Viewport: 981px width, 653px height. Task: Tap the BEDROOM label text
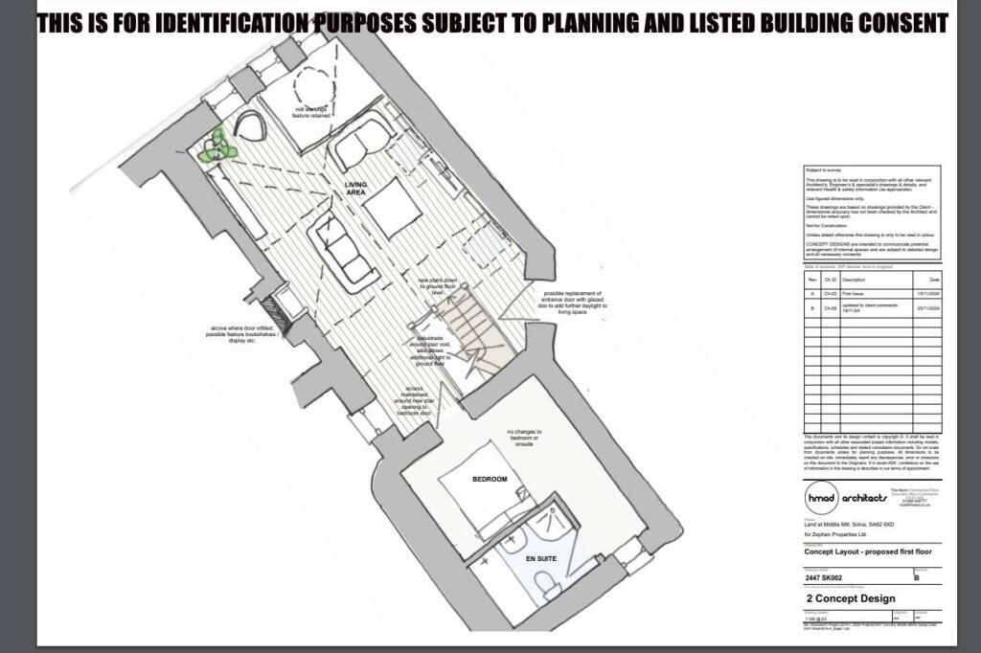pyautogui.click(x=489, y=478)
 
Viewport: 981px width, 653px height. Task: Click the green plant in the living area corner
pyautogui.click(x=218, y=146)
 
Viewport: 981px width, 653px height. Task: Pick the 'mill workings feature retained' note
pyautogui.click(x=309, y=112)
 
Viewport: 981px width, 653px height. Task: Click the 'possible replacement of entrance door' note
pyautogui.click(x=576, y=303)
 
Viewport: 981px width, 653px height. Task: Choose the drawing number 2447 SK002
pyautogui.click(x=827, y=578)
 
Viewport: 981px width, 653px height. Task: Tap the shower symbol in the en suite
pyautogui.click(x=551, y=517)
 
